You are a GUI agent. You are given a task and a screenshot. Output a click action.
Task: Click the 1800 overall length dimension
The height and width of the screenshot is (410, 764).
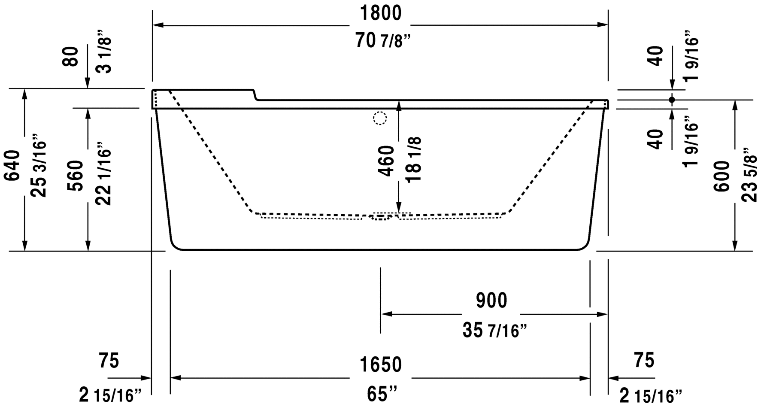[380, 13]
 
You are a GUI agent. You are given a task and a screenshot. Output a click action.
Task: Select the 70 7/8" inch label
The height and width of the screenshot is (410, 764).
[380, 41]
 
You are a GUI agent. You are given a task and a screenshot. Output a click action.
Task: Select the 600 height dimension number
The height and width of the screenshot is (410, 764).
[722, 176]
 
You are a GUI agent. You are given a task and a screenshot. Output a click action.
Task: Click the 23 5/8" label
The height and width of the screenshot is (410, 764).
[749, 175]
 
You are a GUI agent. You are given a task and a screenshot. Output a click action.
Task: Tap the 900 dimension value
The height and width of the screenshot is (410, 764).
[491, 301]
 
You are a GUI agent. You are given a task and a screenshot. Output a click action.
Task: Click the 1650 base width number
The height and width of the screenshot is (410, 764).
[380, 365]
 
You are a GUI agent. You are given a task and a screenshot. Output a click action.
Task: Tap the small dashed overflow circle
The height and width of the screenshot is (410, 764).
[380, 118]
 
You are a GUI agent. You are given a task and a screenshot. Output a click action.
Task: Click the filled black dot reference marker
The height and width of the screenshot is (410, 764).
[672, 100]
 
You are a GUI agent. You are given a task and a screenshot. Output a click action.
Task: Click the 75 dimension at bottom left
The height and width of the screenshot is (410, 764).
[109, 361]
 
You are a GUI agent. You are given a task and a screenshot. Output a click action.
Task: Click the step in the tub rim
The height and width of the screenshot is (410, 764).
[256, 95]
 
